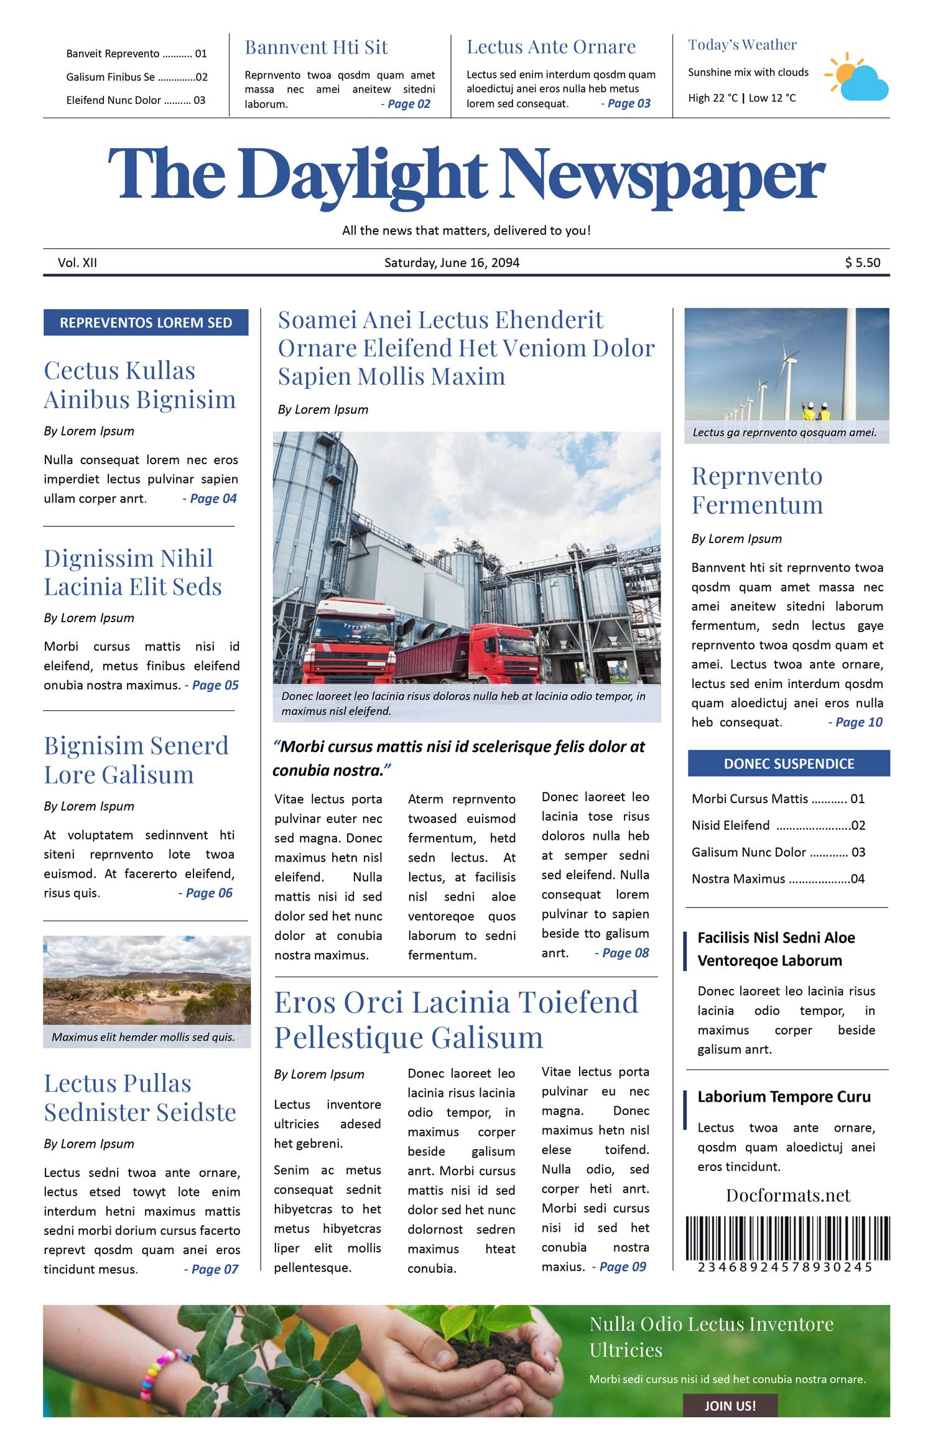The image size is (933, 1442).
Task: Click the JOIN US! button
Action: (730, 1405)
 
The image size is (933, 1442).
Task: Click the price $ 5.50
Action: (862, 263)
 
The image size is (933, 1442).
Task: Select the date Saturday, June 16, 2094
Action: (452, 263)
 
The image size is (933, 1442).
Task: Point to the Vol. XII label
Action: (77, 263)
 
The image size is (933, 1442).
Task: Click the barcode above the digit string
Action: (787, 1237)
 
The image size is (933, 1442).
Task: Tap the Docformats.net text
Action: (787, 1195)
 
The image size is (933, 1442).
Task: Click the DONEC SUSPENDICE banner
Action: (789, 763)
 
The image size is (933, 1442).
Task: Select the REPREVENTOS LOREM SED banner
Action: (146, 322)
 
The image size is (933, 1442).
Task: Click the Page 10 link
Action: (858, 722)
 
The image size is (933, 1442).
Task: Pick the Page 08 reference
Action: (625, 953)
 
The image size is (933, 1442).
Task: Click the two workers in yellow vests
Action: (815, 411)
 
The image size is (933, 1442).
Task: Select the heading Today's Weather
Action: (742, 45)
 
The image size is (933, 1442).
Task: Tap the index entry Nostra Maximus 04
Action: (777, 879)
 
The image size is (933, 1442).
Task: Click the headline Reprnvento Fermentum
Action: (757, 490)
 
